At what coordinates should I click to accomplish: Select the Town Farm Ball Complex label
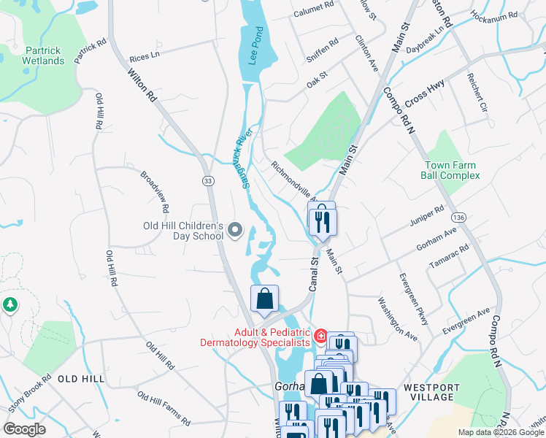point(451,170)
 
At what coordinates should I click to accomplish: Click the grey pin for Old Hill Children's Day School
point(234,231)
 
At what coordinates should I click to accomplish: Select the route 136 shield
point(458,218)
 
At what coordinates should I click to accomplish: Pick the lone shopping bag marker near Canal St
point(264,299)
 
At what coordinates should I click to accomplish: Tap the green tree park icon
point(9,304)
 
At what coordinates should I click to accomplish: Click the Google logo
point(25,429)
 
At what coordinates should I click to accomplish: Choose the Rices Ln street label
point(144,56)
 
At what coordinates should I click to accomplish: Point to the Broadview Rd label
point(155,192)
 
